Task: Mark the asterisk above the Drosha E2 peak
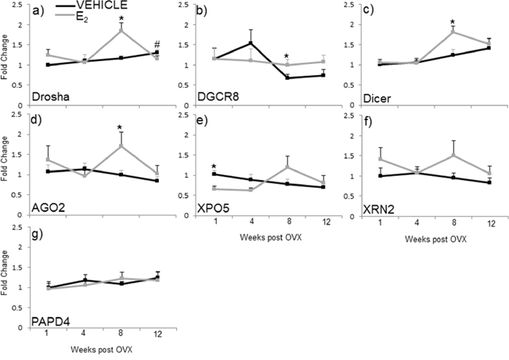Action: (121, 19)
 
